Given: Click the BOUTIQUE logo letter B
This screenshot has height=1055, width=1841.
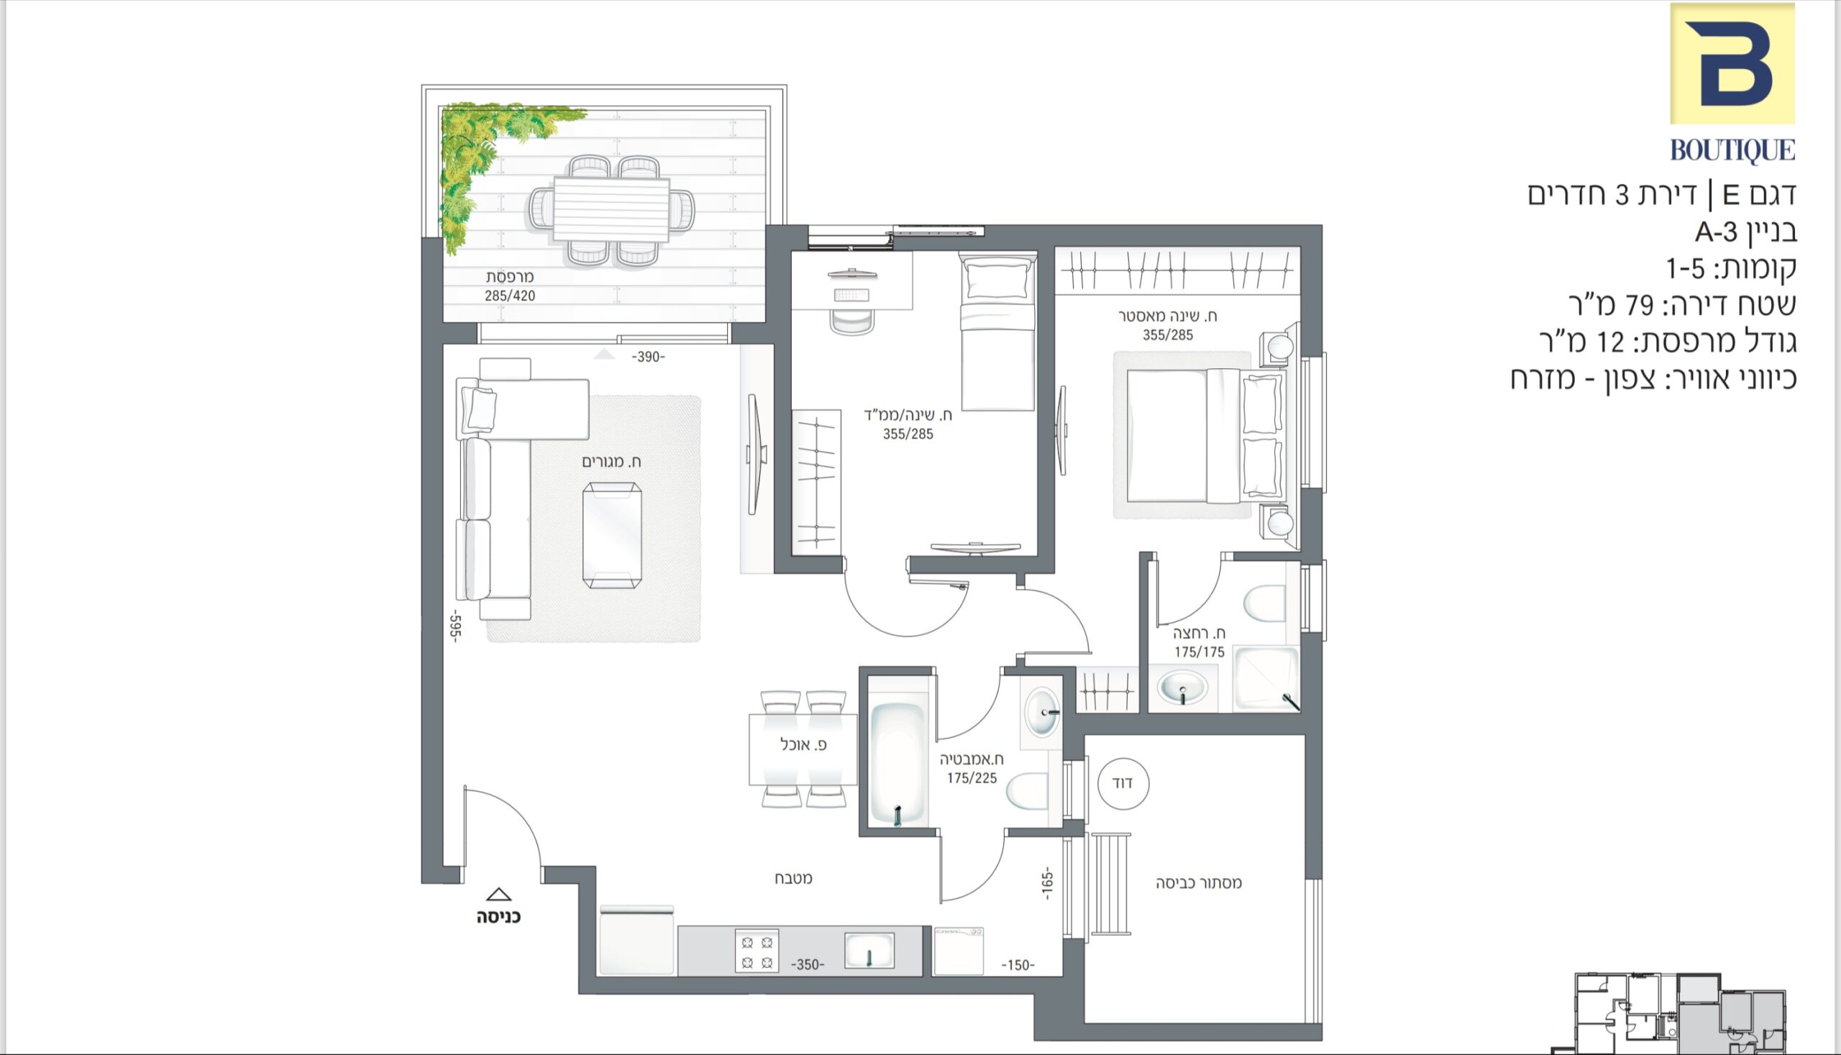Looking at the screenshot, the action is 1732,63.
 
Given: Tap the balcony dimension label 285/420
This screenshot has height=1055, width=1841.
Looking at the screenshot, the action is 510,296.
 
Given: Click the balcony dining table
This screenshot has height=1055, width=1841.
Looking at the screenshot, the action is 611,209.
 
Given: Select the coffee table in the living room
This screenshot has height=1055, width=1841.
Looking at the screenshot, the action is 612,536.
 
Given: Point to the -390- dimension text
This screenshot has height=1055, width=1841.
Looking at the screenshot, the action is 648,357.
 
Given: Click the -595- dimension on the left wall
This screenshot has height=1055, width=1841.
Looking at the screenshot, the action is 455,625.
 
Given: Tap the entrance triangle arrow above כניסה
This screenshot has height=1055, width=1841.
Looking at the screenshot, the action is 498,895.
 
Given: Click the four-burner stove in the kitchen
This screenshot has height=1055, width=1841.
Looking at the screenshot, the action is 757,951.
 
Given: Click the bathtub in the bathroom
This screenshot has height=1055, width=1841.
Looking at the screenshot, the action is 898,762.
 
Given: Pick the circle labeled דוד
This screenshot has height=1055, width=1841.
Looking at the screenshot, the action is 1123,783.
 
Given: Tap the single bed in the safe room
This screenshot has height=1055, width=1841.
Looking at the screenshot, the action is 997,332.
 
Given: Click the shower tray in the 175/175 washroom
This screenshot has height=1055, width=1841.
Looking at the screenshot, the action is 1266,678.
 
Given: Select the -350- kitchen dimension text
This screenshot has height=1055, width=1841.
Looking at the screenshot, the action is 807,964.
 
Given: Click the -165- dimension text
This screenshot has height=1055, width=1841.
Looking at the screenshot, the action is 1047,885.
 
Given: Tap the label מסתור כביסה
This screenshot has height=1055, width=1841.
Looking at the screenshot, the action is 1198,882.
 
